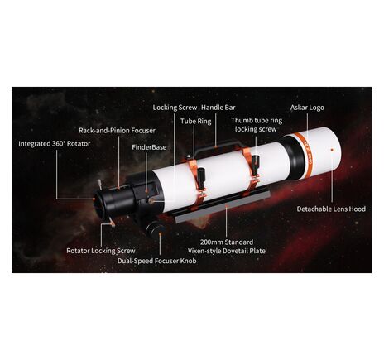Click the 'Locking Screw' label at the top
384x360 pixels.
174,107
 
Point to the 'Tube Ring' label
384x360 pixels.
194,121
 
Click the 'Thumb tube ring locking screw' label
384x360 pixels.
257,125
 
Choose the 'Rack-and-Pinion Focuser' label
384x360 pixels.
117,130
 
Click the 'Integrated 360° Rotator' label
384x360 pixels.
55,143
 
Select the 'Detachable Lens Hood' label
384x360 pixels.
331,209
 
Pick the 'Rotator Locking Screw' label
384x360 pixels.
100,250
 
